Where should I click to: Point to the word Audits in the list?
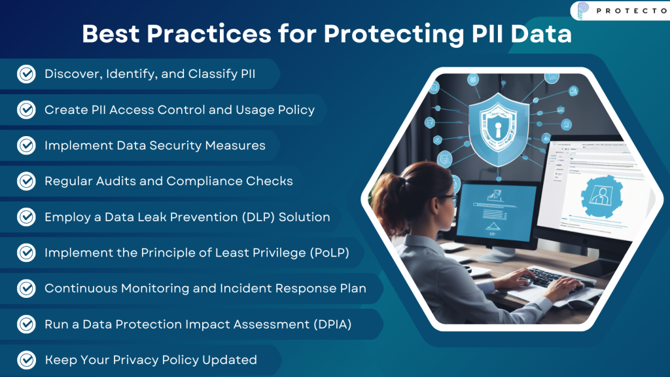pos(126,181)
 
